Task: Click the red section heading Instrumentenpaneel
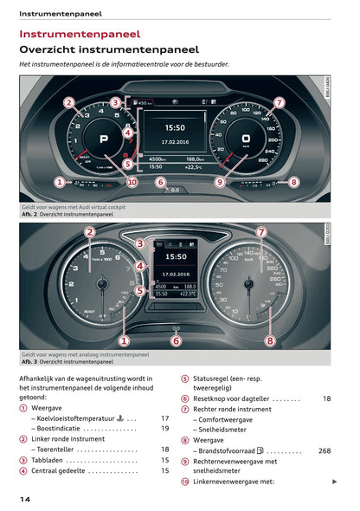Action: tap(80, 34)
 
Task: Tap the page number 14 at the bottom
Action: tap(25, 500)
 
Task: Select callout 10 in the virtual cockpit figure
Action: tap(132, 182)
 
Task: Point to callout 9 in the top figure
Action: tap(219, 182)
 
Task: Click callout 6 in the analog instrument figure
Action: tap(177, 340)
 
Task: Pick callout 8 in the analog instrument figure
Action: tap(269, 340)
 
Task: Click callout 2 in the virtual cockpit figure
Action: tap(68, 101)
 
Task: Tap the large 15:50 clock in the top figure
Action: tap(175, 126)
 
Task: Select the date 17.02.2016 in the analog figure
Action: tap(176, 273)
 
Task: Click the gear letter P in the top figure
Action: tap(104, 139)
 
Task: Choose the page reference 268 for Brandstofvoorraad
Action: tap(324, 450)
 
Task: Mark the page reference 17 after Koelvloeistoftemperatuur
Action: tap(164, 417)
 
